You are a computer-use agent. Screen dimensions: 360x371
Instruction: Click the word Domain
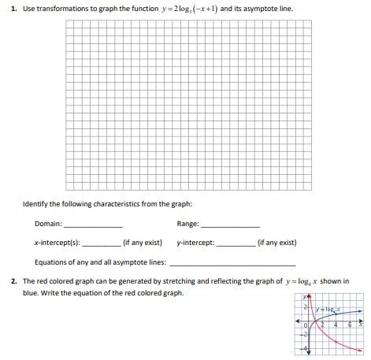(x=48, y=224)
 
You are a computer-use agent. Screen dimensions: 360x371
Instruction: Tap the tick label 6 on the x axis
(x=351, y=325)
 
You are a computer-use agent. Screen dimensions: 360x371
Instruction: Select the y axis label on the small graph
(x=304, y=297)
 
